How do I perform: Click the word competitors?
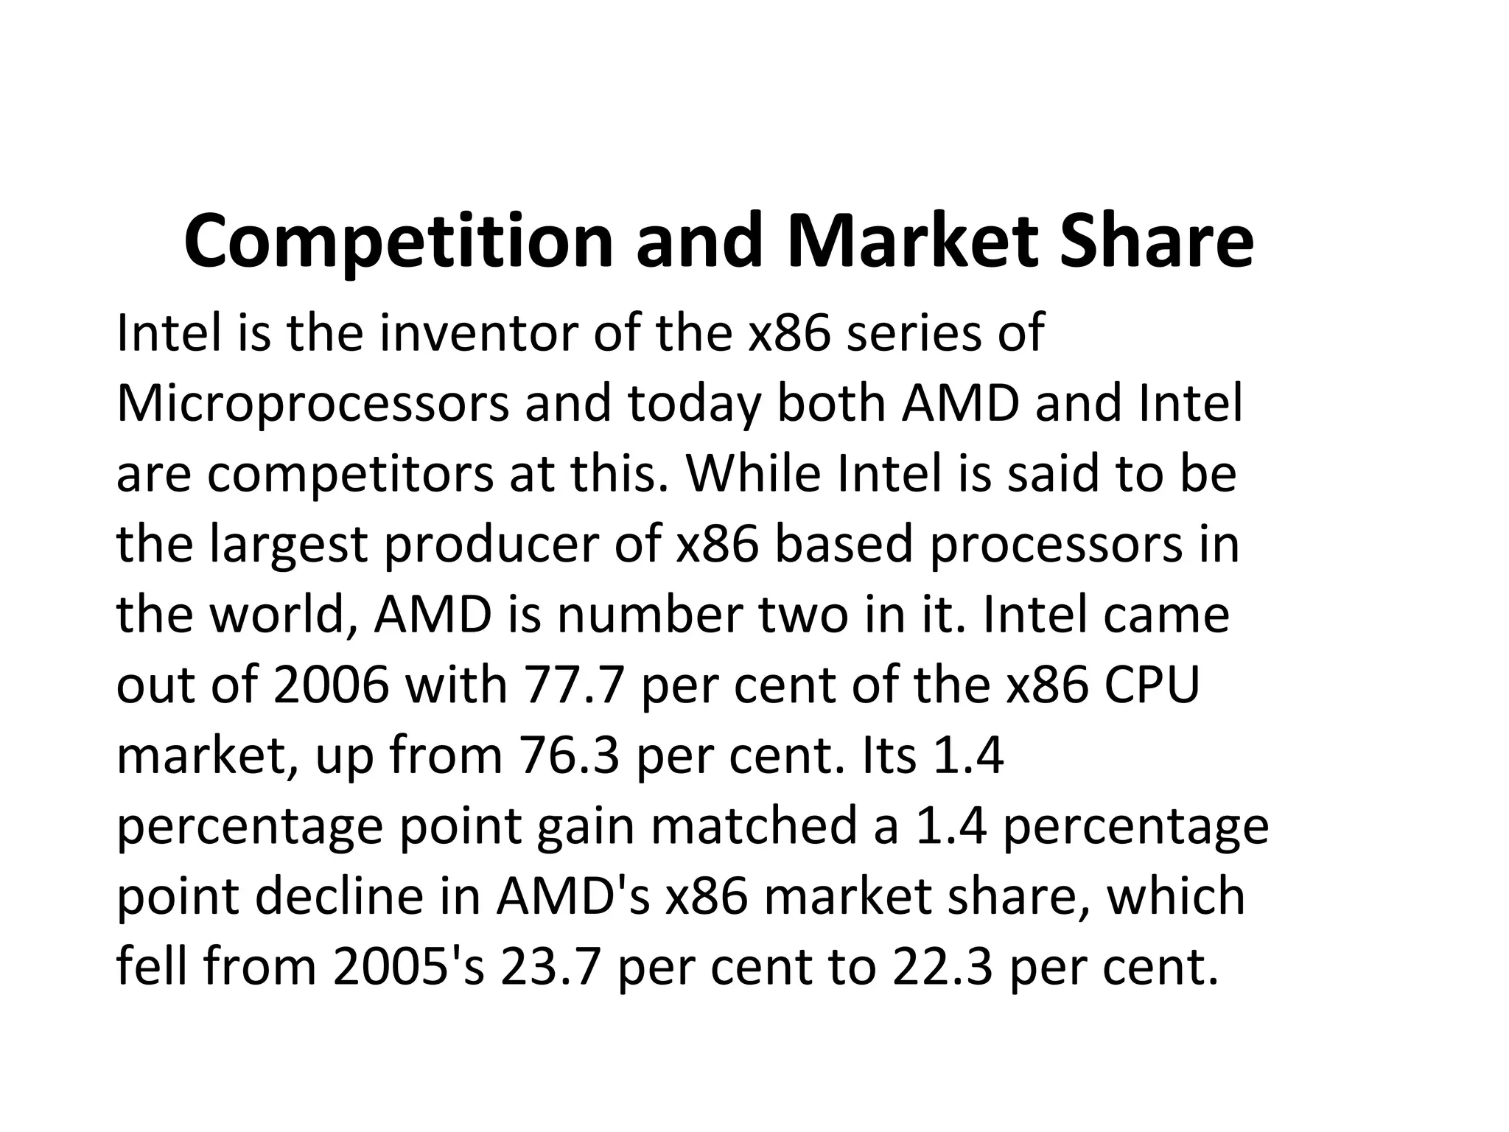click(x=350, y=475)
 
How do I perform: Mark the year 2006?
click(x=330, y=685)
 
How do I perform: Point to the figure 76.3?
click(x=570, y=756)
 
